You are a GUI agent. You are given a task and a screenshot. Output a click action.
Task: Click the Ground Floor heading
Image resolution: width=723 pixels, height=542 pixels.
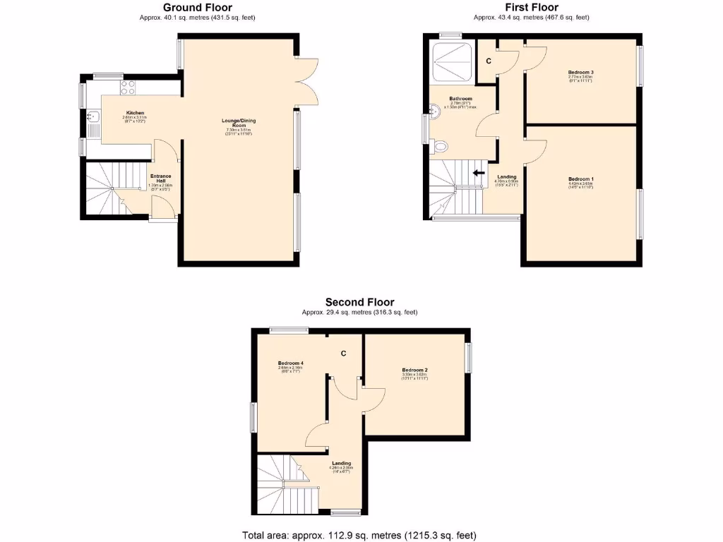click(x=197, y=8)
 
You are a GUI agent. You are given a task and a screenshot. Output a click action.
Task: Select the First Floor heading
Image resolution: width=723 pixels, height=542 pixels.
click(x=530, y=8)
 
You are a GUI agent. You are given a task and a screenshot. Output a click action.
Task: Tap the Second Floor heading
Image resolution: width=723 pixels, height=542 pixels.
click(x=359, y=302)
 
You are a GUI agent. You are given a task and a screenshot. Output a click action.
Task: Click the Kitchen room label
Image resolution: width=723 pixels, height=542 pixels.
click(x=136, y=113)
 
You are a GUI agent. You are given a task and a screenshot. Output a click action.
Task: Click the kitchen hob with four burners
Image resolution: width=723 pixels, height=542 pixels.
click(x=128, y=88)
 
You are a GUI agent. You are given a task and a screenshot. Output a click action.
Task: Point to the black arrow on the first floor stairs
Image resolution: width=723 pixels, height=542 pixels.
click(x=479, y=172)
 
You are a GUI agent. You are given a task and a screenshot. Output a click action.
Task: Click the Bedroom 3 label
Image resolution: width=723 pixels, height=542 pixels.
click(x=580, y=73)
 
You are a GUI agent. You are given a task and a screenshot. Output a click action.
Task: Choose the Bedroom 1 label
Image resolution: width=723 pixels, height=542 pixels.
click(x=580, y=179)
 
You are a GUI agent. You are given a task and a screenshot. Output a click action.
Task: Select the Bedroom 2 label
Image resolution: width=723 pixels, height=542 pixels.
click(x=415, y=371)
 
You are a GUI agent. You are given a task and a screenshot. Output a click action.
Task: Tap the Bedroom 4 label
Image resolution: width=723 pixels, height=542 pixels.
click(x=289, y=363)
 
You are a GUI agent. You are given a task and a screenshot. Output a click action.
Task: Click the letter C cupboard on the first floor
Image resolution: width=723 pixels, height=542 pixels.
click(x=488, y=61)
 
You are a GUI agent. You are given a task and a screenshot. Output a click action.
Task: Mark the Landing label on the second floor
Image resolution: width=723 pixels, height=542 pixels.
click(x=340, y=464)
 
